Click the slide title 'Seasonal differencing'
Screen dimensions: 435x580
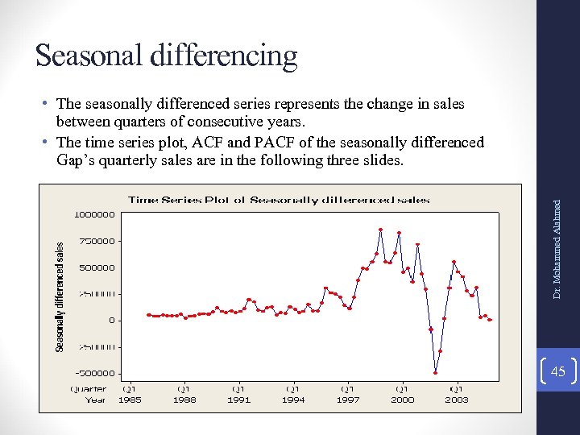click(x=166, y=56)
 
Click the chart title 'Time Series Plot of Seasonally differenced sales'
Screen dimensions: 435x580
click(x=279, y=200)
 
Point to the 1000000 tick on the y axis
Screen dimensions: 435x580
click(x=94, y=214)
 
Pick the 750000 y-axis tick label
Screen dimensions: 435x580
click(x=97, y=241)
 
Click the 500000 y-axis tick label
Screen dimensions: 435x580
click(x=97, y=267)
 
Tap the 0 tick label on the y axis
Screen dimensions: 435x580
click(x=112, y=321)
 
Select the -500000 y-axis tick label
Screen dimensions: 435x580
click(x=94, y=374)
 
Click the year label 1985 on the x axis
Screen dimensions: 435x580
click(x=129, y=400)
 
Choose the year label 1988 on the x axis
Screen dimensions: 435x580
click(x=184, y=400)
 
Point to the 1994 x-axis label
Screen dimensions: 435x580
click(x=293, y=400)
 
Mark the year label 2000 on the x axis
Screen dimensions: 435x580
click(x=402, y=400)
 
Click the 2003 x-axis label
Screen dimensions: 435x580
click(x=457, y=400)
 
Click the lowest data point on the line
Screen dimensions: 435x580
click(x=436, y=372)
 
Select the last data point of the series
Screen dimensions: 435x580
click(x=490, y=320)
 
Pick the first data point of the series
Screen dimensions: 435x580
click(x=148, y=315)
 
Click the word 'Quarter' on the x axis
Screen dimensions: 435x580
click(x=89, y=389)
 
